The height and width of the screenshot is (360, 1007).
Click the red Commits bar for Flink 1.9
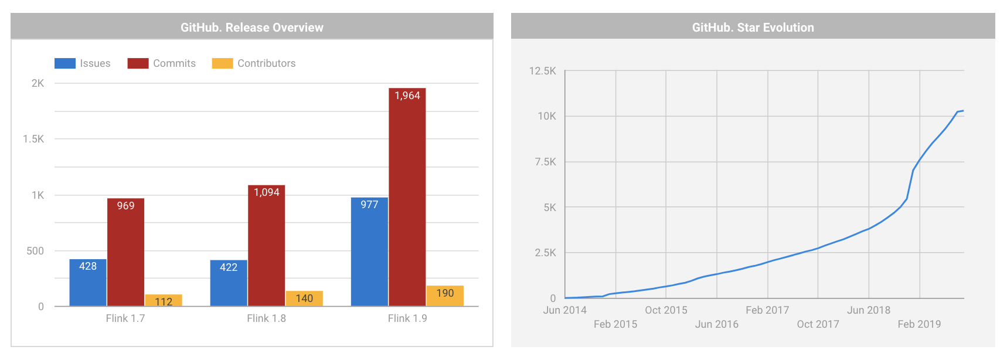407,199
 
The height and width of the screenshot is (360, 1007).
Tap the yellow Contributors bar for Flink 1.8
304,298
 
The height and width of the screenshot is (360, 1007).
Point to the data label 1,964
407,96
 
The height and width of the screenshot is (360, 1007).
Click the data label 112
164,302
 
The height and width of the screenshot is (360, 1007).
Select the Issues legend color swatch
64,63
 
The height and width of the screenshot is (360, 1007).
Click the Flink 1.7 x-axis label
125,318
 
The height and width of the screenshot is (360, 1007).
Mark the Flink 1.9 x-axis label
407,318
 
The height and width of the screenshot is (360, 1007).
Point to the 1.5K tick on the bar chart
33,139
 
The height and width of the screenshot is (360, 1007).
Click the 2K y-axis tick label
38,83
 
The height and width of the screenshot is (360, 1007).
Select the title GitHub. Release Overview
252,28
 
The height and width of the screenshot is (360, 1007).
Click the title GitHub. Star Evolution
753,28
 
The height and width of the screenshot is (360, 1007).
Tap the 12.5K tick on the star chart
542,71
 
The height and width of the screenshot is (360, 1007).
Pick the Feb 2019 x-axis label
919,324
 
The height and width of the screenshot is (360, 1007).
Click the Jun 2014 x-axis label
564,310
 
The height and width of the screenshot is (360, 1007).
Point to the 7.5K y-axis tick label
545,162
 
